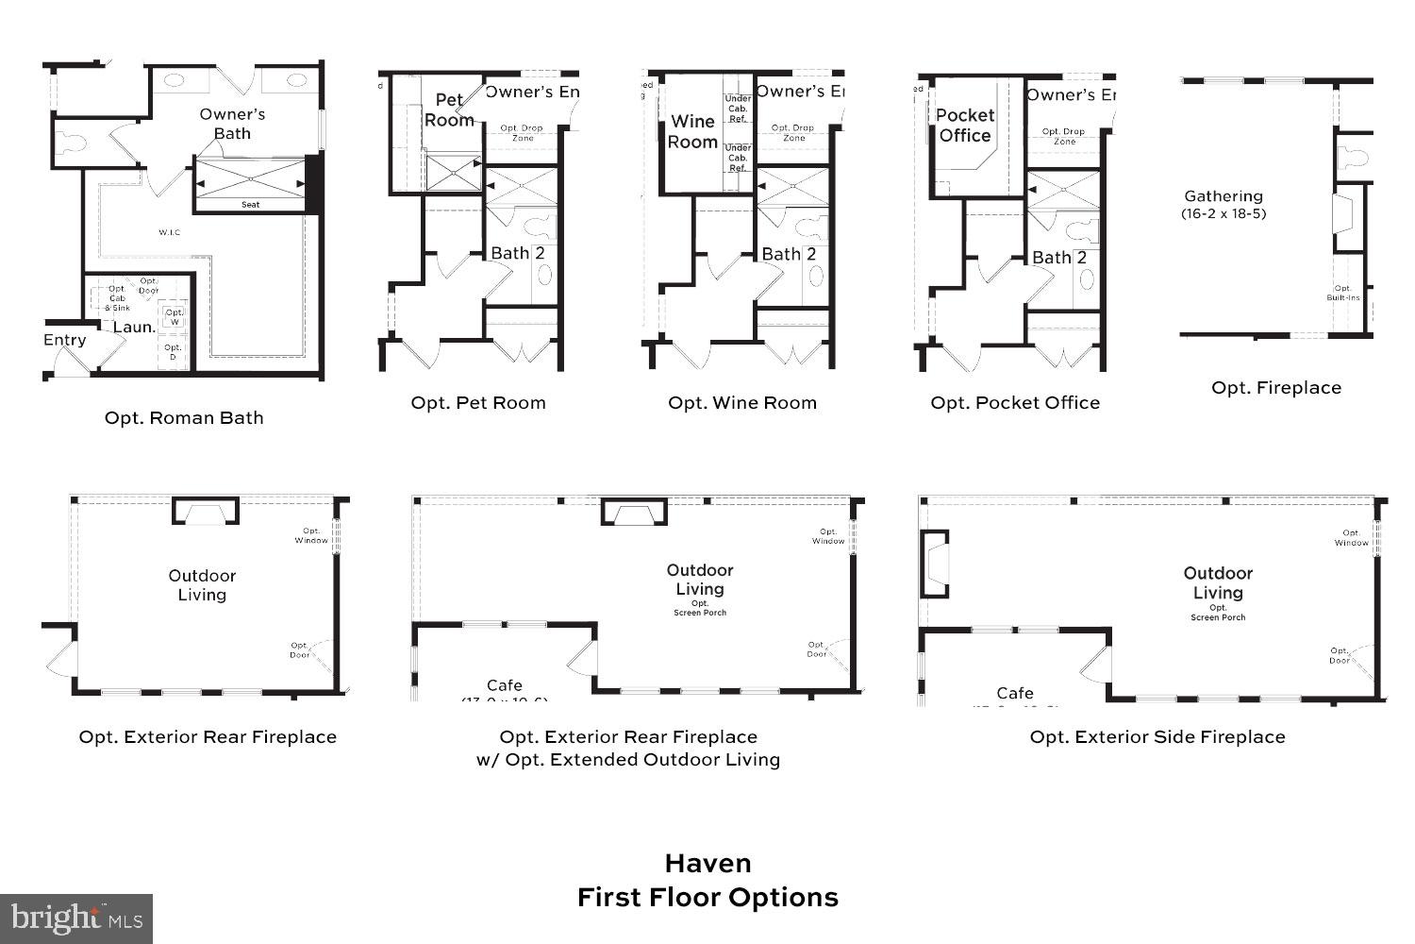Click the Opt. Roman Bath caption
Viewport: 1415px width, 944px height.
coord(184,418)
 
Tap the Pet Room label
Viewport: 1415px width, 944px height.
coord(449,110)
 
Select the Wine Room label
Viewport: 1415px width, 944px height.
coord(692,132)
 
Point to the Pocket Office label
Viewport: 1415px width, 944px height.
coord(964,126)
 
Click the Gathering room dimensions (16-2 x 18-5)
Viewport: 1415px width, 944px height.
coord(1224,213)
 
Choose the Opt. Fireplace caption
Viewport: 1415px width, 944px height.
coord(1275,388)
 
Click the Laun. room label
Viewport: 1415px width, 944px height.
coord(134,328)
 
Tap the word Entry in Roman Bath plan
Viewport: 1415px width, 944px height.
coord(65,340)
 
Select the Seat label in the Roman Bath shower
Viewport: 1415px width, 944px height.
coord(250,205)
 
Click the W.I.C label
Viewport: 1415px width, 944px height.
coord(169,232)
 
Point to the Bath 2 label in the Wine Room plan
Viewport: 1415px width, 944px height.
coord(788,254)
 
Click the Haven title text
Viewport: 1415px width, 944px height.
coord(707,864)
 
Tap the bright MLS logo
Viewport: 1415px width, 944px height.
coord(76,919)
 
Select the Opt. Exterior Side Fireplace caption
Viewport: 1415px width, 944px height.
coord(1157,737)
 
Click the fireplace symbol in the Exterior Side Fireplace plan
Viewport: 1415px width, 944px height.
coord(934,564)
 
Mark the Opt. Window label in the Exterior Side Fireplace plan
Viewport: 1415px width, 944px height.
coord(1351,538)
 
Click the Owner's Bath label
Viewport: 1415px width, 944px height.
coord(232,124)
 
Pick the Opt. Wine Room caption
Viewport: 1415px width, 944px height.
coord(741,403)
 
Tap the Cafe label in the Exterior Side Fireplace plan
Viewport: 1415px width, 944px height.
coord(1014,693)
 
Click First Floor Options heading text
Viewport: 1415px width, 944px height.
coord(707,898)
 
